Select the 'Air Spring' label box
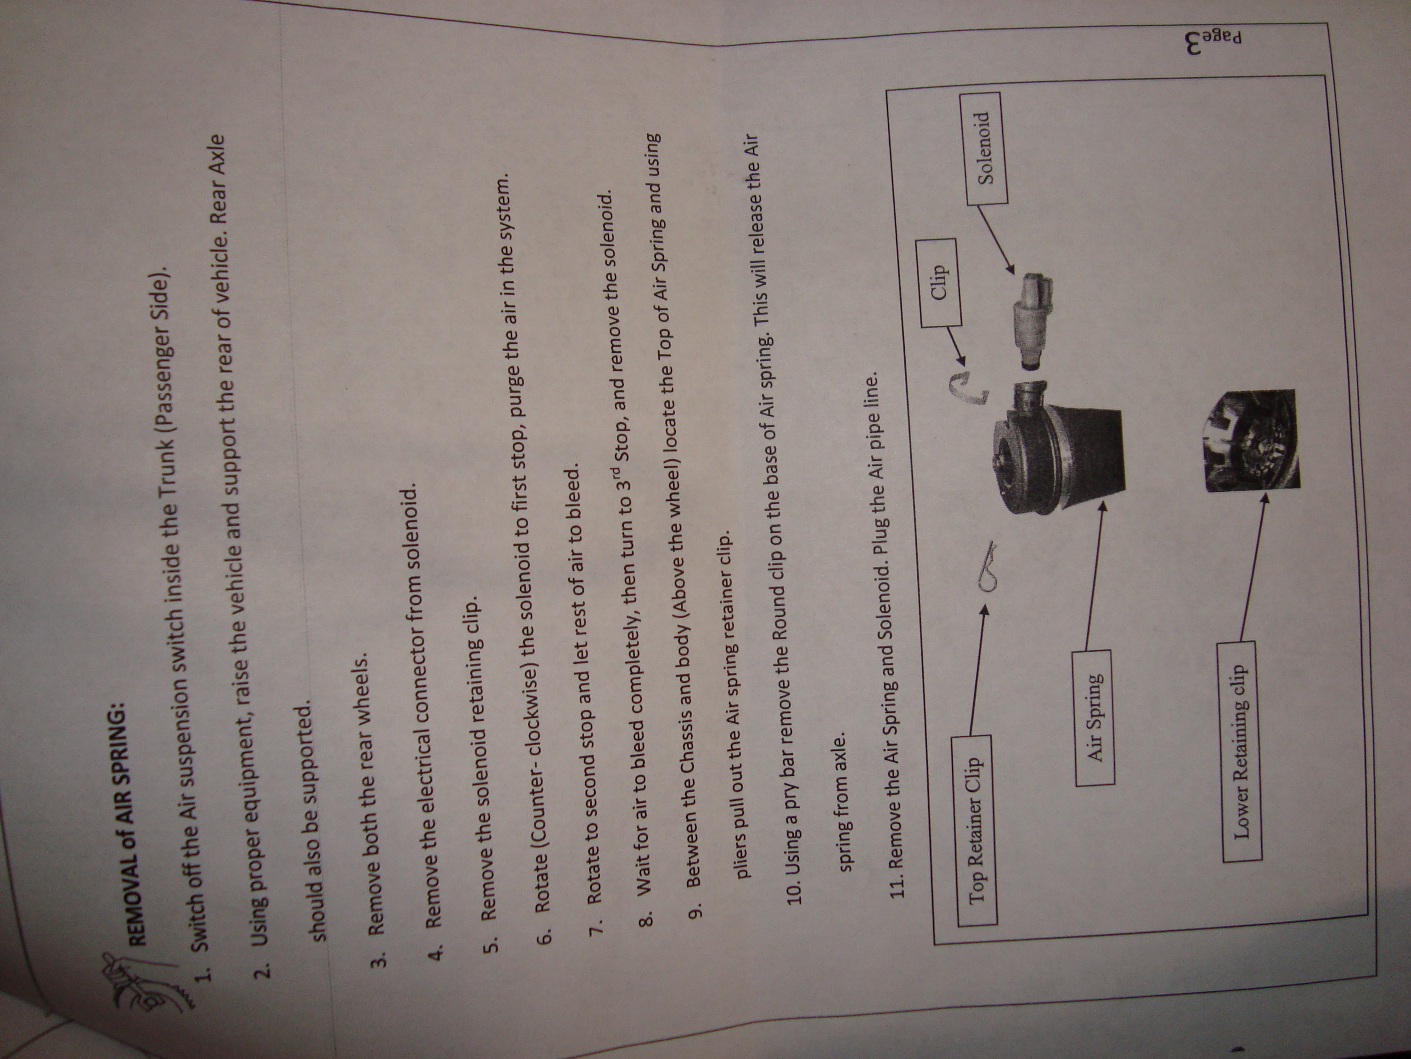pyautogui.click(x=1095, y=717)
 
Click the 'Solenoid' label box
pyautogui.click(x=987, y=148)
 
